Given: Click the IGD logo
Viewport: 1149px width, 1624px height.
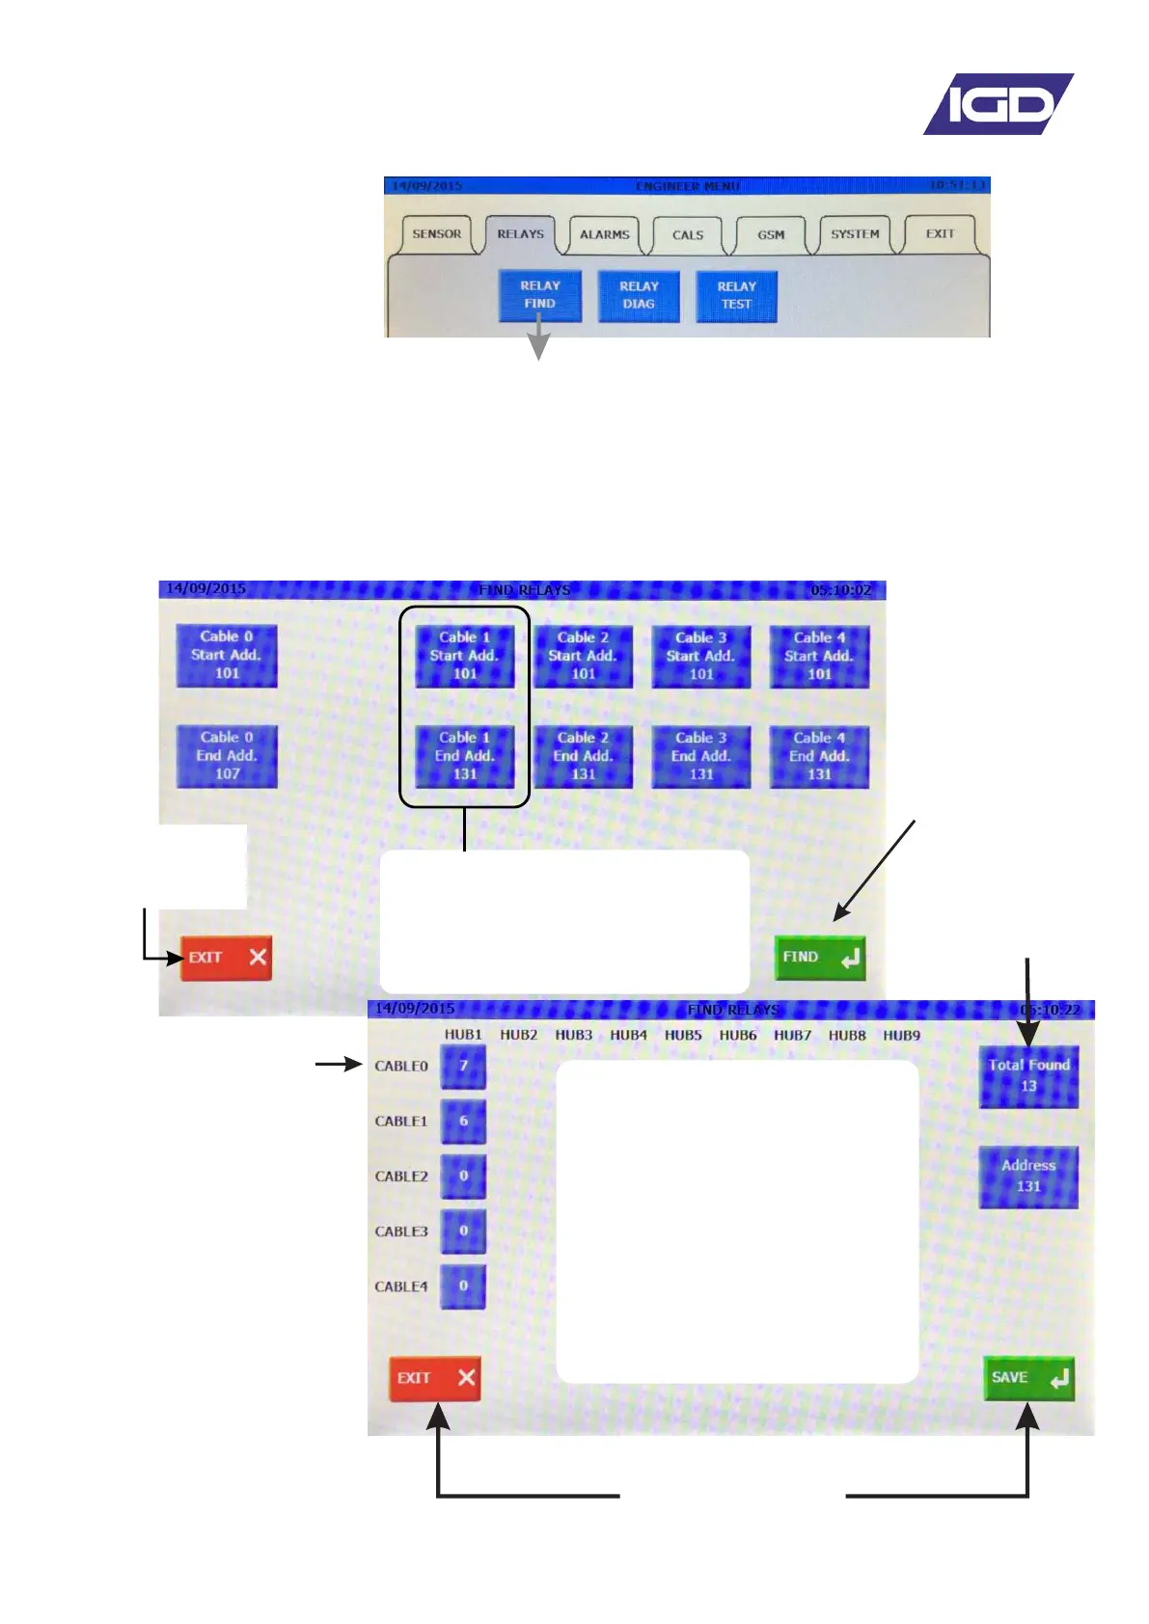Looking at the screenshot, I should pyautogui.click(x=998, y=104).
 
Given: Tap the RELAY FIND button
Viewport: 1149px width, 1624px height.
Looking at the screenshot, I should pyautogui.click(x=539, y=295).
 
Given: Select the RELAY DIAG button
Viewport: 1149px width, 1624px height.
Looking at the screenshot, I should pyautogui.click(x=639, y=295).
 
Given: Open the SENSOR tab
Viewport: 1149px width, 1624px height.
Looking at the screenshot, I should pyautogui.click(x=436, y=234).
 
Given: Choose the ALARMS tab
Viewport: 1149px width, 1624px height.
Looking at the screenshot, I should pyautogui.click(x=604, y=234).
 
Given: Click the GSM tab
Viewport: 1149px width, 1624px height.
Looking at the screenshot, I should pyautogui.click(x=771, y=234).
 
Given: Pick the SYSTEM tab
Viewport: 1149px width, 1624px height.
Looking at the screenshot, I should pyautogui.click(x=855, y=234).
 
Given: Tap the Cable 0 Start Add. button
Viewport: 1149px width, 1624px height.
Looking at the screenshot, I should pyautogui.click(x=227, y=656).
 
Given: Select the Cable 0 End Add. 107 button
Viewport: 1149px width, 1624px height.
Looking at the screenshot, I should pyautogui.click(x=227, y=756).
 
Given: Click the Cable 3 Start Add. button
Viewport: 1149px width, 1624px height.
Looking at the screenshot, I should pyautogui.click(x=701, y=657).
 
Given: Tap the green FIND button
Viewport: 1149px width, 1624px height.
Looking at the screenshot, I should pyautogui.click(x=820, y=958).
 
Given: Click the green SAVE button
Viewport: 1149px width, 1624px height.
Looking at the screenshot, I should pyautogui.click(x=1028, y=1378).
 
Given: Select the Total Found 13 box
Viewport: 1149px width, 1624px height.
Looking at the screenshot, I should pyautogui.click(x=1028, y=1076).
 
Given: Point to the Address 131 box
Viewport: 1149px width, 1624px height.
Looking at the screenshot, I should pyautogui.click(x=1028, y=1177).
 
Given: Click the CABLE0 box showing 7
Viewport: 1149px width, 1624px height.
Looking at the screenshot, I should pyautogui.click(x=463, y=1067).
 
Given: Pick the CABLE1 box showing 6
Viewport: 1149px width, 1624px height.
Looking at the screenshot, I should pyautogui.click(x=463, y=1122).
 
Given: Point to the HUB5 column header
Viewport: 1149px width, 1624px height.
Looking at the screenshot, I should pyautogui.click(x=683, y=1035).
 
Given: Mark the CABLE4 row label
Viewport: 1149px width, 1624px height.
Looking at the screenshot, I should pyautogui.click(x=401, y=1286).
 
